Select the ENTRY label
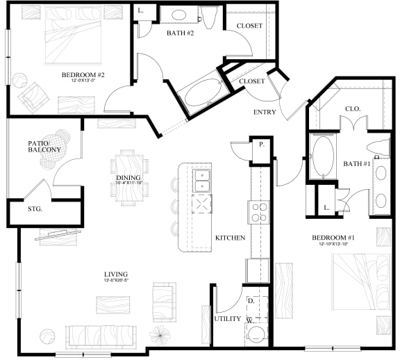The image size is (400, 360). coord(265,112)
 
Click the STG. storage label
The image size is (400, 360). coord(35,208)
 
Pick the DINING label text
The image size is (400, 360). coord(128,178)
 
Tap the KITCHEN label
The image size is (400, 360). coord(230,238)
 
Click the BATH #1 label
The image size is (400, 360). coord(357,164)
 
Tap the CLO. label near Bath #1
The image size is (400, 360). coord(352,108)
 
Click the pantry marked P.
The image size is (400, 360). coord(260,145)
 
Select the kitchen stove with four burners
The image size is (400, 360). coord(258,211)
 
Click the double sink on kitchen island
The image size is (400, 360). coord(202,180)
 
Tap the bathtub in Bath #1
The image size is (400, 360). coord(323,155)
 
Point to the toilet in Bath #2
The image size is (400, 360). coord(208,15)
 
